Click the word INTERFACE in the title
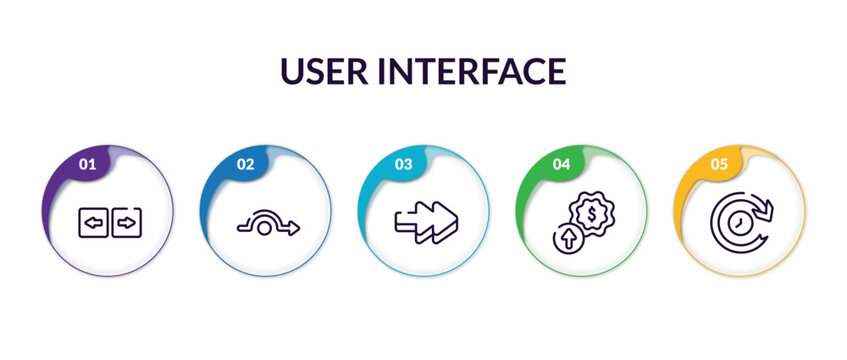[x=470, y=71]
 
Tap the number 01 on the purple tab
[x=87, y=163]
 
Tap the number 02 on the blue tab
[x=245, y=163]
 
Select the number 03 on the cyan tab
[x=403, y=163]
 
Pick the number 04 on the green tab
[x=561, y=163]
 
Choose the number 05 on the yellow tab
[x=719, y=163]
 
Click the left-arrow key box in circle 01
[x=93, y=222]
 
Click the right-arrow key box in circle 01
[x=127, y=222]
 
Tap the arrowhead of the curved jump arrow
[x=293, y=228]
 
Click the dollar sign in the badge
[x=592, y=213]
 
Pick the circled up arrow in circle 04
[x=567, y=238]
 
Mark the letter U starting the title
[x=292, y=71]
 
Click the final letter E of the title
[x=555, y=71]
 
